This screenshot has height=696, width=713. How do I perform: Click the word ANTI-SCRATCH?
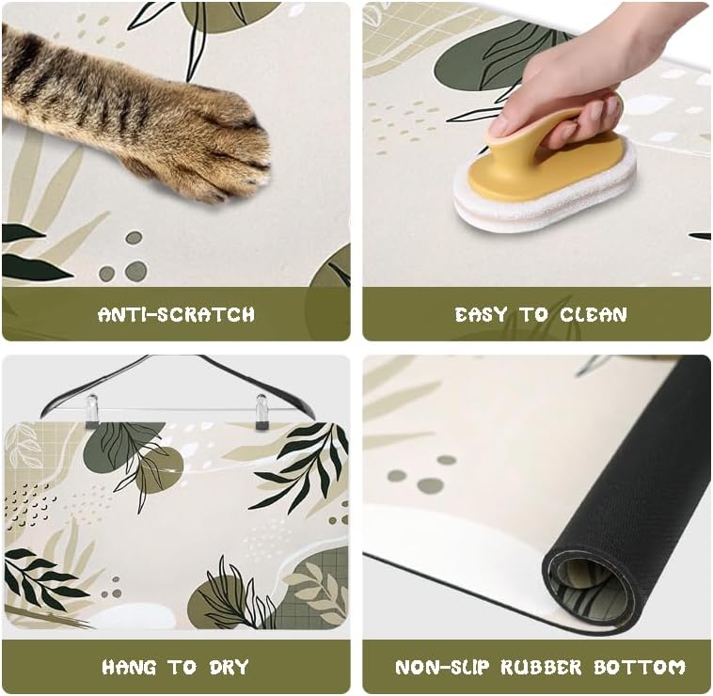click(176, 314)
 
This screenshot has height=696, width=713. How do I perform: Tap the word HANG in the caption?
click(129, 668)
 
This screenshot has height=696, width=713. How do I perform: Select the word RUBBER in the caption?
click(535, 668)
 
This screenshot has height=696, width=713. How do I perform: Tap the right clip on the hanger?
click(261, 411)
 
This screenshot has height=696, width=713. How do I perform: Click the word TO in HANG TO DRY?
click(182, 668)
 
